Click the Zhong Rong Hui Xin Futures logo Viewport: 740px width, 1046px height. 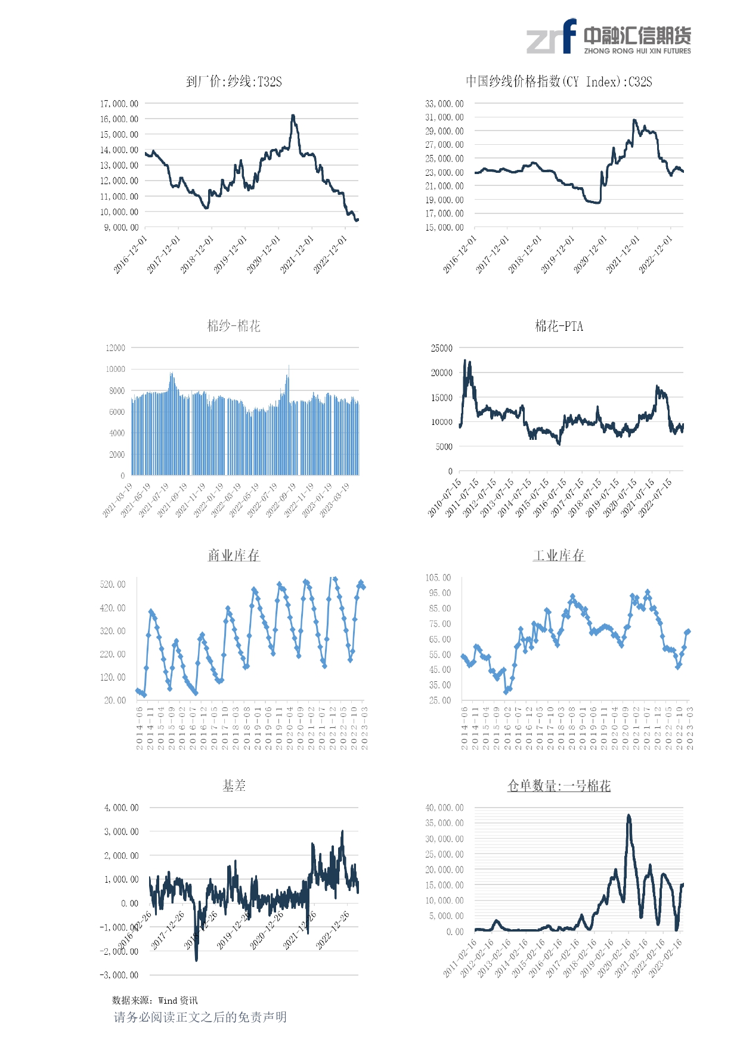coord(608,37)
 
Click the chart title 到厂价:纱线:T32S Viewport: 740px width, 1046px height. coord(234,82)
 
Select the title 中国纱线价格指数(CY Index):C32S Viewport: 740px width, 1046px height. coord(559,82)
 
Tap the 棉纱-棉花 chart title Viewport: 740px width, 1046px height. coord(234,326)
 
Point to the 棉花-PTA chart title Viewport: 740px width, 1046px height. coord(559,326)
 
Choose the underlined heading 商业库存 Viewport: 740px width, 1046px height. coord(234,555)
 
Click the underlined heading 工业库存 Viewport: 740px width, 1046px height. coord(559,555)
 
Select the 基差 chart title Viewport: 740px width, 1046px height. coord(234,786)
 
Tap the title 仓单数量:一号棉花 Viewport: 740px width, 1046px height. coord(559,786)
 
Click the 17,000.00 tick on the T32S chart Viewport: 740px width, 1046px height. coord(119,104)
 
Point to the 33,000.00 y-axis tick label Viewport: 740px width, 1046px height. coord(444,104)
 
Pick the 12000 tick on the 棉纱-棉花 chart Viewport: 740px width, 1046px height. coord(116,348)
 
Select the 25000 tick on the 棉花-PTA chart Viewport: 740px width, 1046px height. coord(442,348)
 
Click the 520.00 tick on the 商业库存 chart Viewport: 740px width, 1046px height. coord(113,585)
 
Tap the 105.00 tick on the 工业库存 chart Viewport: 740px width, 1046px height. coord(438,578)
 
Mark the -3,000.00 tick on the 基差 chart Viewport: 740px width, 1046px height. coord(119,975)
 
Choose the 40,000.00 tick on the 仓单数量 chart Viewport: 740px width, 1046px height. coord(444,808)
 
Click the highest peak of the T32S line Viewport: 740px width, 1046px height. coord(293,116)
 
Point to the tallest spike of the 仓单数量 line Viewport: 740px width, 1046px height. coord(628,815)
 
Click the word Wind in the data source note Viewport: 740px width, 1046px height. coord(168,1001)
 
